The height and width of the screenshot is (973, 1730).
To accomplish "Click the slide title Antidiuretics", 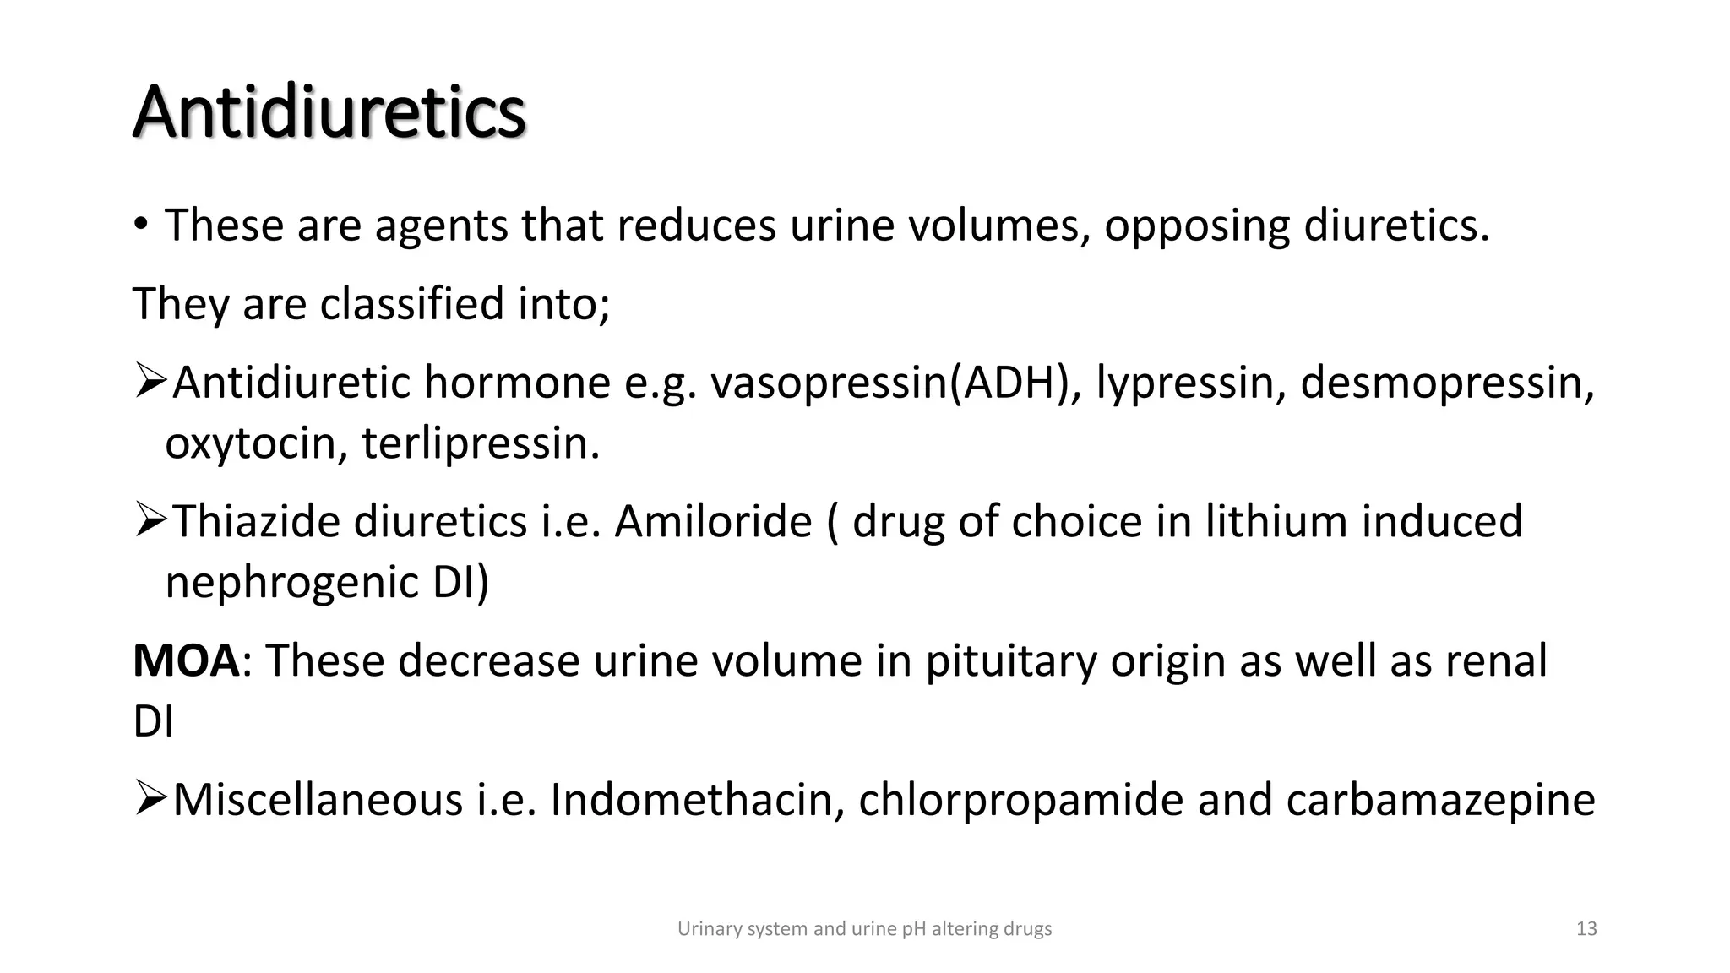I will pyautogui.click(x=329, y=113).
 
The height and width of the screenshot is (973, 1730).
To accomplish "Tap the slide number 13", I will pyautogui.click(x=1586, y=929).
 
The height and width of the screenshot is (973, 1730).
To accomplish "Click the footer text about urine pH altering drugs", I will pyautogui.click(x=864, y=929).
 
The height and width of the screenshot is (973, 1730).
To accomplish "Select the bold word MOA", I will pyautogui.click(x=187, y=660).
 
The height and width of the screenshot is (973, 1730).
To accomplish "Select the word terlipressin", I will pyautogui.click(x=481, y=443).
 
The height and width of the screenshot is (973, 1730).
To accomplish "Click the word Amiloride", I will pyautogui.click(x=713, y=521).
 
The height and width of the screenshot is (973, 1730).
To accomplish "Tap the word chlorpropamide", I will pyautogui.click(x=1020, y=800).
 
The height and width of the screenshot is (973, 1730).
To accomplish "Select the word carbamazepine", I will pyautogui.click(x=1440, y=800).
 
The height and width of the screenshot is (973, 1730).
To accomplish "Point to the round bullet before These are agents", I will pyautogui.click(x=141, y=225).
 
